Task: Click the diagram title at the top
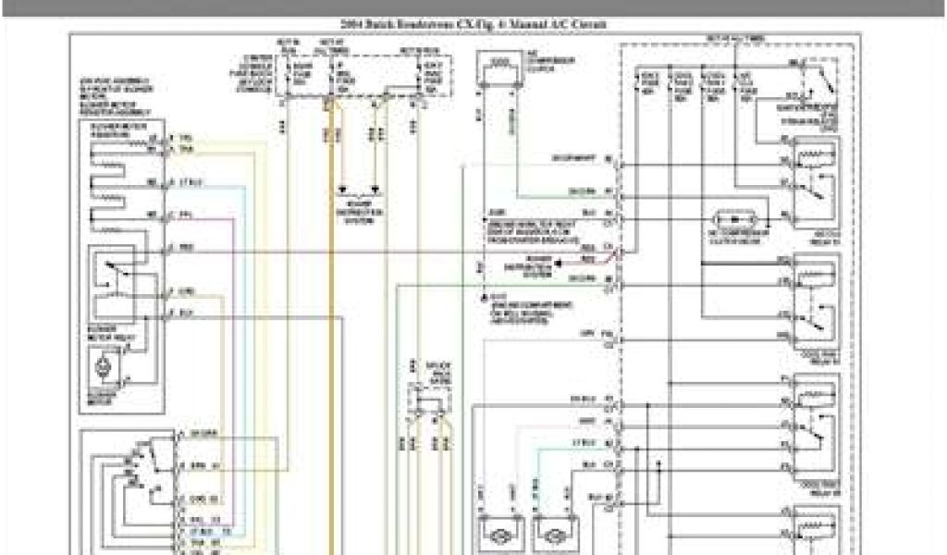(x=473, y=24)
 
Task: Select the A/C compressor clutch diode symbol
(x=735, y=220)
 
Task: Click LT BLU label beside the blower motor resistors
(x=193, y=181)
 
